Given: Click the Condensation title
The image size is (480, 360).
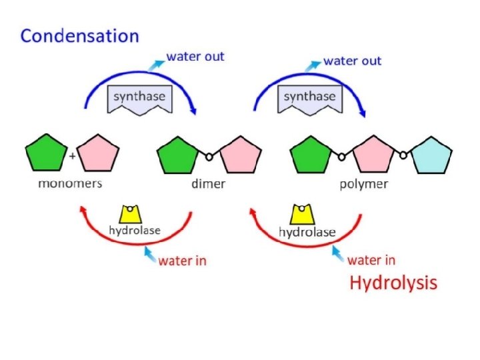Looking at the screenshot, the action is [x=79, y=36].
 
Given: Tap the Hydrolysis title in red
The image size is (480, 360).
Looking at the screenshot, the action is [x=393, y=283].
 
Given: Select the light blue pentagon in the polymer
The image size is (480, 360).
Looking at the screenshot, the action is [x=431, y=156].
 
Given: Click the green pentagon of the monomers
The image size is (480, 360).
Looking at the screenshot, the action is [x=46, y=153].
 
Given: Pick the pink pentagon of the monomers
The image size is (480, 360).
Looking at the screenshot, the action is [x=98, y=153].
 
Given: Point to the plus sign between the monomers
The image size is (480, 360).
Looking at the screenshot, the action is [x=72, y=156].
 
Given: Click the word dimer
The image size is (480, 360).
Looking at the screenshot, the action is [x=208, y=184].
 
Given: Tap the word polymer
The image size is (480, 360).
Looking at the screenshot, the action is [x=364, y=185].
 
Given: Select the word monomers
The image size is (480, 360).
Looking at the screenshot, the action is [x=70, y=184].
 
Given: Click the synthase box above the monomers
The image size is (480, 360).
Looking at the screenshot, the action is [x=140, y=99].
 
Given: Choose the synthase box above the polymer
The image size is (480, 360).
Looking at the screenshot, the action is [x=310, y=99].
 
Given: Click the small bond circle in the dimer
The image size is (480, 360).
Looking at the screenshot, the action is [x=209, y=157].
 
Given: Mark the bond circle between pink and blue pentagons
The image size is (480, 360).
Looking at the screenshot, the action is [x=403, y=155].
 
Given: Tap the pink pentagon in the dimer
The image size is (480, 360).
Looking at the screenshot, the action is [x=241, y=155].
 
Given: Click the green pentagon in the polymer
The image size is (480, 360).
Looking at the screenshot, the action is [x=311, y=155].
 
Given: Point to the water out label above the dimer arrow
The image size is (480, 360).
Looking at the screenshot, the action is [x=195, y=57].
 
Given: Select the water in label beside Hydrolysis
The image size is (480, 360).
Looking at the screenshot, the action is [x=371, y=260].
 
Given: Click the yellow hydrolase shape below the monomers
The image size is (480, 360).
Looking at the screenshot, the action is [x=130, y=214].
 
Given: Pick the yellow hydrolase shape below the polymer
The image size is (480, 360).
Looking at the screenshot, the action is [x=302, y=215].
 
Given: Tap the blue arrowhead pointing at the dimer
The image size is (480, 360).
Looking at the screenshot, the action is [x=193, y=111].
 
